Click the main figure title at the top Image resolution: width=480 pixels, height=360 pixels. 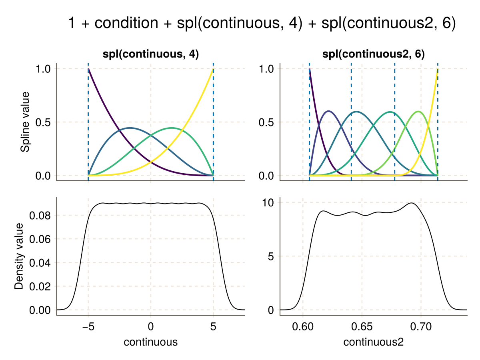click(x=262, y=23)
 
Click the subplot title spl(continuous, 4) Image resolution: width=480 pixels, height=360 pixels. click(x=150, y=55)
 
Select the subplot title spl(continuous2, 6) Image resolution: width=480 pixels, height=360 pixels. click(x=374, y=55)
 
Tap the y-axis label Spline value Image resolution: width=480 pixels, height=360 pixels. click(x=26, y=122)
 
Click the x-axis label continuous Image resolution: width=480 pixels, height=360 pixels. click(x=150, y=342)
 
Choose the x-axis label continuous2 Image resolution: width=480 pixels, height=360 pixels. click(x=374, y=342)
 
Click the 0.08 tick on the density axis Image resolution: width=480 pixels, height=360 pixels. click(x=41, y=216)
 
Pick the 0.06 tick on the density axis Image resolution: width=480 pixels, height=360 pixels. click(x=41, y=239)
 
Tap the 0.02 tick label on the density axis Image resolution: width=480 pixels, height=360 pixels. click(x=41, y=286)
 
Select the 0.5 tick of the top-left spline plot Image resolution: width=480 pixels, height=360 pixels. click(x=43, y=122)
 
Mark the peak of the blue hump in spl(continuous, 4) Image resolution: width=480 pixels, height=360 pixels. click(x=130, y=128)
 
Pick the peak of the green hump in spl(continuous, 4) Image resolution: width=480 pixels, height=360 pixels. click(x=172, y=128)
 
